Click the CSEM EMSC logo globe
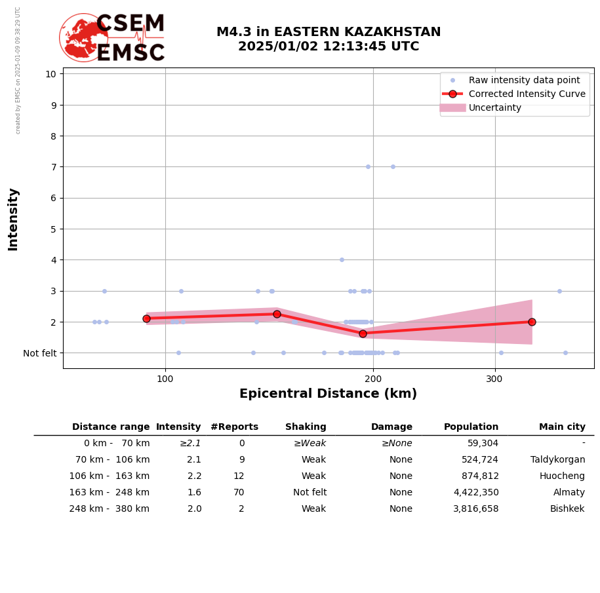(83, 37)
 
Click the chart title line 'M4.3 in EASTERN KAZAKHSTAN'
(329, 32)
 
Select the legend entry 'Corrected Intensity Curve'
(527, 94)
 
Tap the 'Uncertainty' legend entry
(494, 107)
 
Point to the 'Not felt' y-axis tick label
(39, 353)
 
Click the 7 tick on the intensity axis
(50, 167)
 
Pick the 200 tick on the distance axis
(373, 379)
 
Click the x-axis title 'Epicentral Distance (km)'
(328, 394)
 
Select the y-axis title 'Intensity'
(13, 219)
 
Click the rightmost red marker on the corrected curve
(532, 322)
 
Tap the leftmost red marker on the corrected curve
(146, 318)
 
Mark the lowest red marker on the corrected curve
(363, 334)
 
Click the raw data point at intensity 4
(342, 259)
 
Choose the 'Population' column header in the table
(471, 427)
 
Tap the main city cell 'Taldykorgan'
(557, 460)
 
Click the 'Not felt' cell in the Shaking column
(310, 493)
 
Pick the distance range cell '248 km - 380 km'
(110, 509)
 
